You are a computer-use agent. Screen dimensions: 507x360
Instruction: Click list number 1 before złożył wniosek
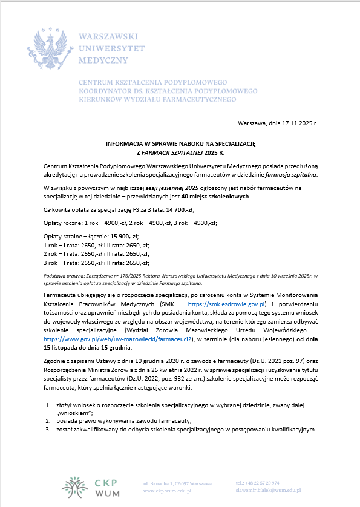click(49, 403)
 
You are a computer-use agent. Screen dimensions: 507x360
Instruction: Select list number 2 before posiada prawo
click(49, 420)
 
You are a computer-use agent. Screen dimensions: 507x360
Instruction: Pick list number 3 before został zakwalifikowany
click(49, 429)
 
